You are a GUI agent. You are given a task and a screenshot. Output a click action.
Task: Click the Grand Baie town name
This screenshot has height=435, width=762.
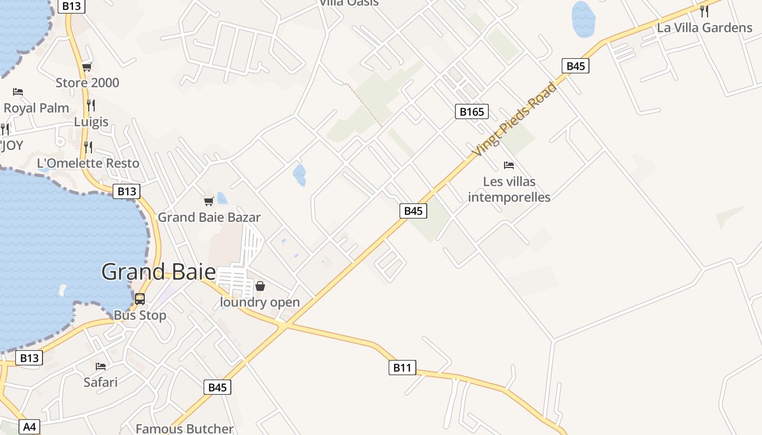click(x=158, y=271)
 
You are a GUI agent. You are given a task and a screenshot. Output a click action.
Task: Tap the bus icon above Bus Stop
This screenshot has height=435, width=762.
click(x=140, y=299)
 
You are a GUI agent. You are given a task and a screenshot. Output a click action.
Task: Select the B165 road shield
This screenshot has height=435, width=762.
click(x=471, y=112)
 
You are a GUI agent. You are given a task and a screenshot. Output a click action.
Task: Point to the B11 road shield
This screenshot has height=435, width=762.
click(x=402, y=368)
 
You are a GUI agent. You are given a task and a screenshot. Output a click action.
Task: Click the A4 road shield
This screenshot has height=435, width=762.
click(x=29, y=427)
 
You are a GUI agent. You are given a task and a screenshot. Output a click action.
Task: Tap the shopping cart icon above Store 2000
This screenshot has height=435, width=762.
click(x=87, y=67)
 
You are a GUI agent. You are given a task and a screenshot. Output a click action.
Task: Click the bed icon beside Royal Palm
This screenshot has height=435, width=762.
click(x=18, y=91)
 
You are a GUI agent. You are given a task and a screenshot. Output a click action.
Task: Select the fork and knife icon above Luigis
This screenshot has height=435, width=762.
click(x=91, y=105)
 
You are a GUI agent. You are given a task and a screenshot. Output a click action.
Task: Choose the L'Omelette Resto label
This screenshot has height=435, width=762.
click(x=88, y=163)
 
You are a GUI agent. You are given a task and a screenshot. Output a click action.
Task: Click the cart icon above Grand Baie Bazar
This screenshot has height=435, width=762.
click(x=208, y=202)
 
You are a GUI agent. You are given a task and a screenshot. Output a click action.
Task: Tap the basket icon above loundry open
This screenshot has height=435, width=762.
click(x=260, y=286)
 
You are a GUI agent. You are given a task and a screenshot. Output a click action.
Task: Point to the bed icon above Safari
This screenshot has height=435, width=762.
click(x=101, y=366)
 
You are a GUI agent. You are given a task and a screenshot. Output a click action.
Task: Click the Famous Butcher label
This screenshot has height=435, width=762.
click(x=185, y=428)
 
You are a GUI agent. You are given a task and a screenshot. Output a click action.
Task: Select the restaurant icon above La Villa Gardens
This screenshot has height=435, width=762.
click(x=704, y=11)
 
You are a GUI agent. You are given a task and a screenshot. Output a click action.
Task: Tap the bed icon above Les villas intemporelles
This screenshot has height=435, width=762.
click(x=509, y=165)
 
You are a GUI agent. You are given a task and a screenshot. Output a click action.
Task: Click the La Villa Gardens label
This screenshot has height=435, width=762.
click(x=704, y=27)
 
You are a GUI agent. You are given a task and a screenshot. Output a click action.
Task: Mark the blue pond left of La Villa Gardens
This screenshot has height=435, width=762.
click(x=583, y=19)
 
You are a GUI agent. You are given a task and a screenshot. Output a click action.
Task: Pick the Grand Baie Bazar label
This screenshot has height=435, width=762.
click(x=209, y=217)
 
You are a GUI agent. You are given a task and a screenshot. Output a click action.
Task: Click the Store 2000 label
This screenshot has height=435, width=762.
click(x=87, y=83)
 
